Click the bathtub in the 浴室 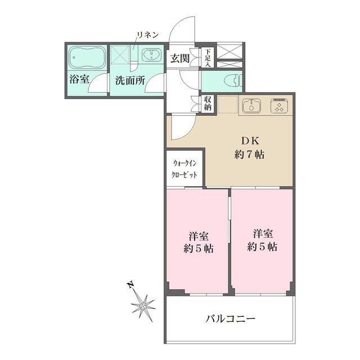pos(87,57)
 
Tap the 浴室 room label pos(79,79)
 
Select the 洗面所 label pos(130,80)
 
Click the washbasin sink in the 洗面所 pos(150,56)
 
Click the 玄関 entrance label pos(180,57)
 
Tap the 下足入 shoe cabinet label pos(207,57)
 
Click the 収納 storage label pos(207,103)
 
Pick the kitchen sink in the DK pos(251,105)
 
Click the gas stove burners pos(278,106)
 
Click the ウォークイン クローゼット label pos(185,169)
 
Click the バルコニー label pos(229,318)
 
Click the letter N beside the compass pos(129,285)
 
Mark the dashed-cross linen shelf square pos(122,56)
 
